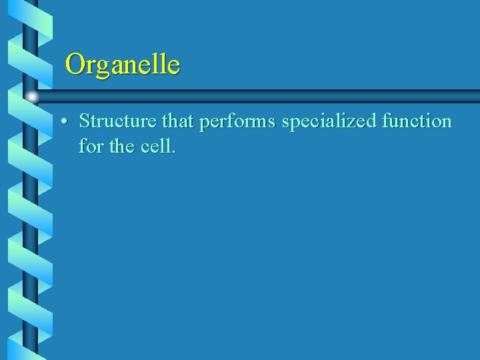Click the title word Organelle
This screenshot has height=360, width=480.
(123, 65)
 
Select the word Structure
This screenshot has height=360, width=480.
(117, 121)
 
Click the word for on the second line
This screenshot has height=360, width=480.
(91, 145)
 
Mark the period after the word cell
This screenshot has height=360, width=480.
(174, 151)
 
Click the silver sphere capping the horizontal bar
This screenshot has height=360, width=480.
(32, 97)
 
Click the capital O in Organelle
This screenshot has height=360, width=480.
(75, 65)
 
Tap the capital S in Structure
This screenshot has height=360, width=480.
(84, 121)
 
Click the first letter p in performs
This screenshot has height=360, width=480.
(203, 123)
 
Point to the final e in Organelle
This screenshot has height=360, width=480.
(174, 67)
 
